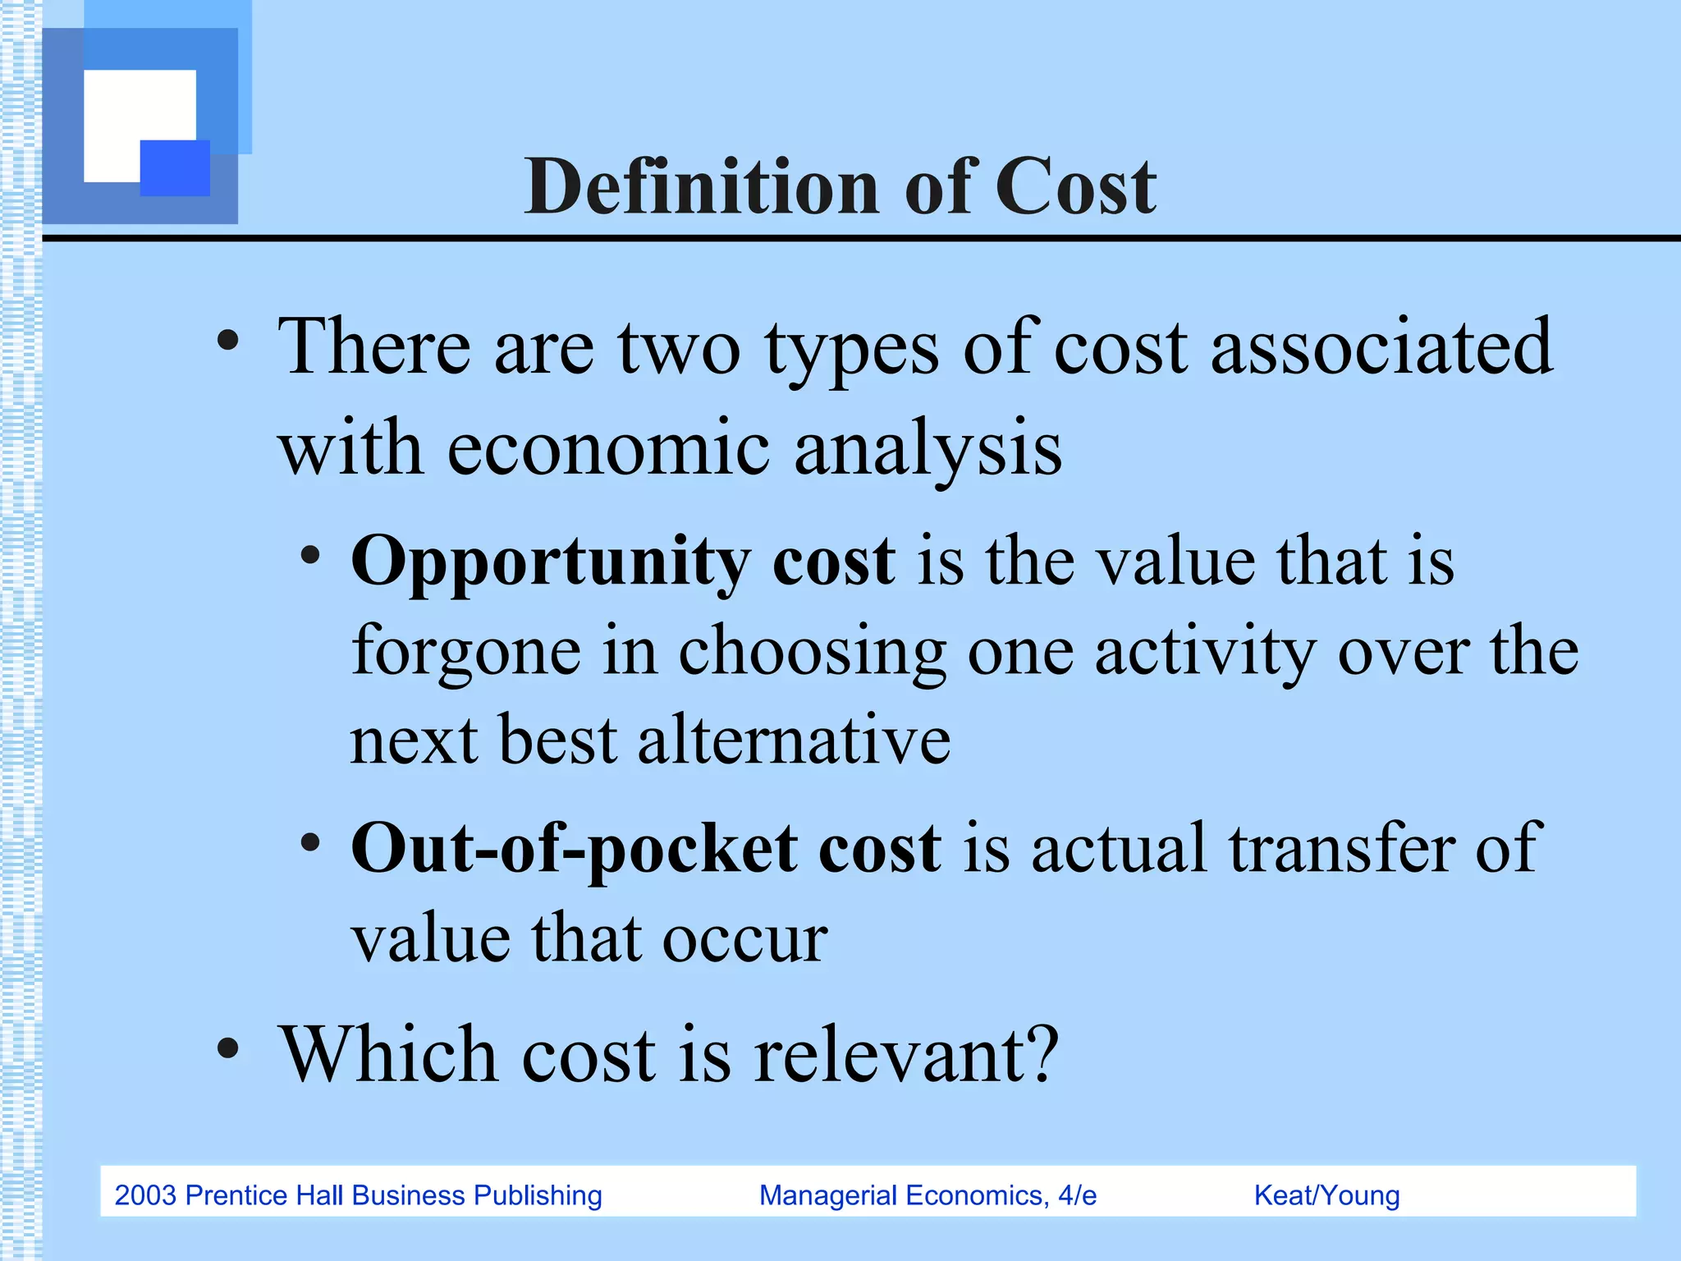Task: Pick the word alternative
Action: (794, 741)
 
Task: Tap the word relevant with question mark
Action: (906, 1056)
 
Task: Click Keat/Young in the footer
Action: (1326, 1195)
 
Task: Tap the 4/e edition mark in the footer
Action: (1077, 1195)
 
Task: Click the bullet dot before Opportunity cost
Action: (310, 555)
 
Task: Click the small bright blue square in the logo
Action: (175, 167)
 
